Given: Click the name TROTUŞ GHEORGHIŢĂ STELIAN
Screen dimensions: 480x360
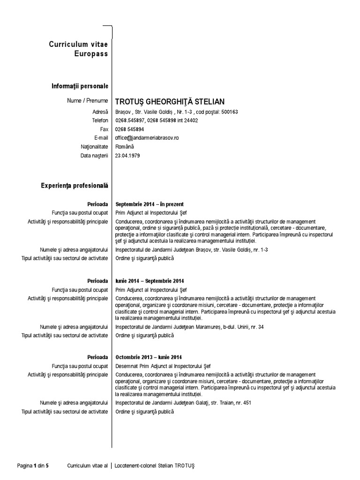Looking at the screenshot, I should (170, 101).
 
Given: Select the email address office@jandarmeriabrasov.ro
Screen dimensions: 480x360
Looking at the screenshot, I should (147, 138).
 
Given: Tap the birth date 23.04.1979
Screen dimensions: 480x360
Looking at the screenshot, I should (127, 155).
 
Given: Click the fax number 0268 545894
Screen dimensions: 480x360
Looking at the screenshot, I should (130, 129).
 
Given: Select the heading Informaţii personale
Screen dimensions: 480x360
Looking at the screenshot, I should (80, 86).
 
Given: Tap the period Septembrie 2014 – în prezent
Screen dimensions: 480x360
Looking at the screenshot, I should (150, 204).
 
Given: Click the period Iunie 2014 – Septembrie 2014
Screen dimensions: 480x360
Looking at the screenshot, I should (150, 281).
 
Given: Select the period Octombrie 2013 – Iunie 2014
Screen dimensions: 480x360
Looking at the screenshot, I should (149, 357).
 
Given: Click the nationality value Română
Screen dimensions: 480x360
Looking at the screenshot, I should (124, 147).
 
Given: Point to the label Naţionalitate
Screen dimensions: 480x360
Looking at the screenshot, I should (95, 147).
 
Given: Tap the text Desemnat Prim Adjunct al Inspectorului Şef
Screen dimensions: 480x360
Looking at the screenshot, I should (157, 366).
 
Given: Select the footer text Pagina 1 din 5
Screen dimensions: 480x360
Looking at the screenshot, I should (33, 466).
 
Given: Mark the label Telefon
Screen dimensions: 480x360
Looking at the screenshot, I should (100, 120).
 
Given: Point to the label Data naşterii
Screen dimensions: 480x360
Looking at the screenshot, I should (94, 155).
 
